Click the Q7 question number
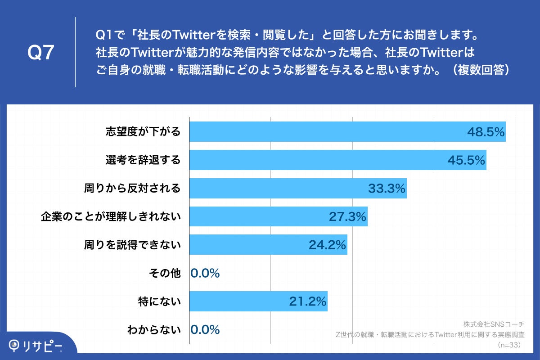click(41, 53)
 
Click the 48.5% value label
click(486, 132)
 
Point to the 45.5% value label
click(466, 160)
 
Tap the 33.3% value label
click(387, 189)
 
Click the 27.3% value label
click(347, 217)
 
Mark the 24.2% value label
click(327, 245)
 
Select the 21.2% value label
click(307, 301)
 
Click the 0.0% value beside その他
click(205, 273)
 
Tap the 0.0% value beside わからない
click(205, 330)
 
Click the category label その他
click(164, 273)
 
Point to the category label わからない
click(154, 330)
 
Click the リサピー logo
click(36, 346)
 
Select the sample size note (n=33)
click(508, 345)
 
